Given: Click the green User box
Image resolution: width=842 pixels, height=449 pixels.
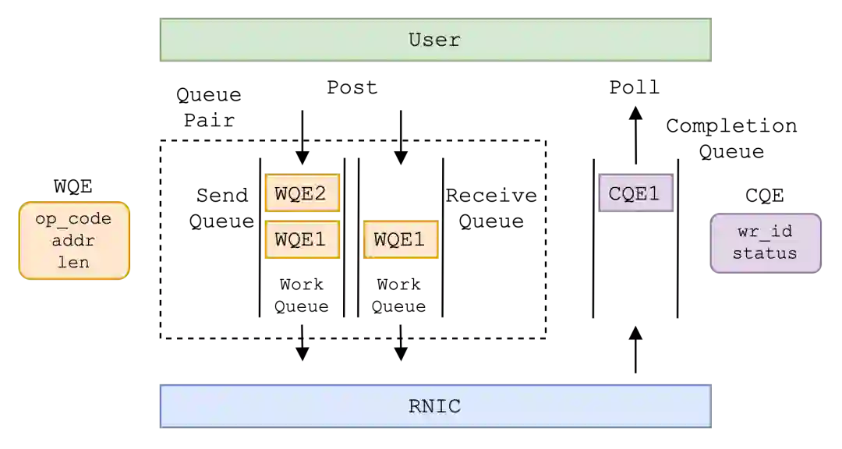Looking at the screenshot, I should coord(436,38).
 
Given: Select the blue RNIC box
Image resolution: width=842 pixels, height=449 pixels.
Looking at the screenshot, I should coord(436,405).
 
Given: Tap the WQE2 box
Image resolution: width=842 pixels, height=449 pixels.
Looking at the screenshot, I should coord(302,193).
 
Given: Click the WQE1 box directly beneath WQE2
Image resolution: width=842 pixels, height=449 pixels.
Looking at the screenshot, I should coord(302,239).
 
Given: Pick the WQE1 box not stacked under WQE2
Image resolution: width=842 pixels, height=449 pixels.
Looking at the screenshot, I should coord(401,239).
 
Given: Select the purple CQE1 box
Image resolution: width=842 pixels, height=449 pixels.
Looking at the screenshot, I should coord(635,193).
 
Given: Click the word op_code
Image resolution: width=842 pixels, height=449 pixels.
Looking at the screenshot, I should coord(73,219).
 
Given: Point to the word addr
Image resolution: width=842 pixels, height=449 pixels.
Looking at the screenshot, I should coord(73,241).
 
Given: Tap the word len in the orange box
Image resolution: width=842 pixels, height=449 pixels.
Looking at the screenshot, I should coord(73,263).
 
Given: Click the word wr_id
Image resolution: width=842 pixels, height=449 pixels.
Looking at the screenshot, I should coord(764,232).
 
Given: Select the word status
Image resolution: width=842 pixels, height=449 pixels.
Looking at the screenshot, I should coord(764,253).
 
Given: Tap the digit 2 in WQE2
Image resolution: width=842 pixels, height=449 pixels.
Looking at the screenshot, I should coord(320,193).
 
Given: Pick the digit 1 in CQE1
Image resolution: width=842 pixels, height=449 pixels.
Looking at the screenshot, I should coord(653,194).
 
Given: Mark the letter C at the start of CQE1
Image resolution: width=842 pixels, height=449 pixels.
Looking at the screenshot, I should coord(615,194).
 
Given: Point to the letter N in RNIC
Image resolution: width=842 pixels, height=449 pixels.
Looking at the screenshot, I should coord(428,406).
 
